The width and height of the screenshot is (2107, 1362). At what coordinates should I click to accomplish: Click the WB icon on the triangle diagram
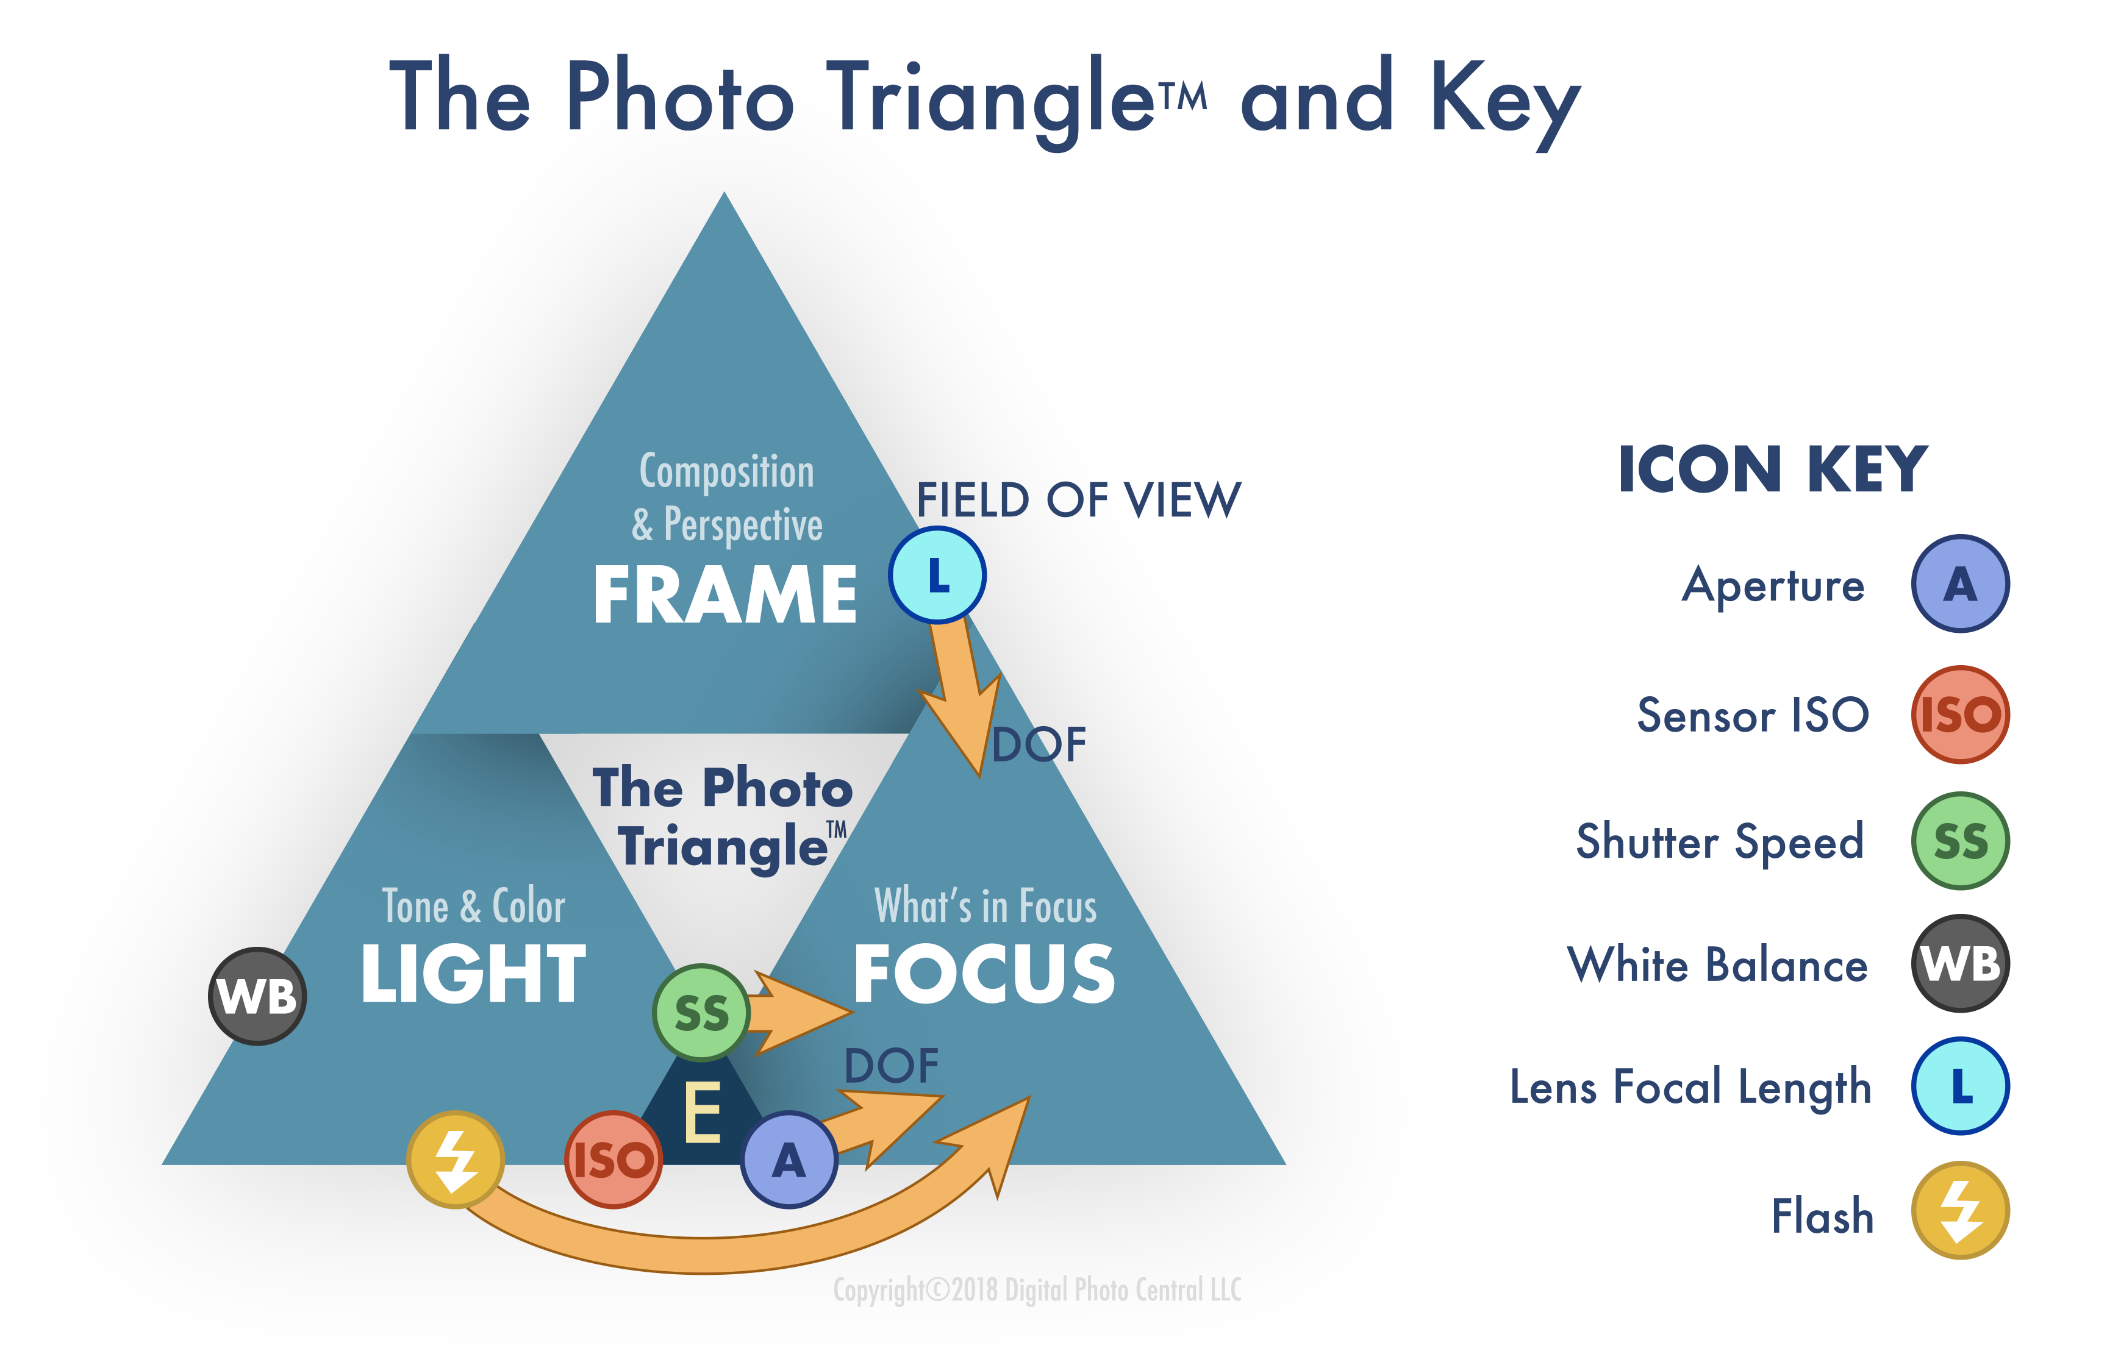click(x=257, y=997)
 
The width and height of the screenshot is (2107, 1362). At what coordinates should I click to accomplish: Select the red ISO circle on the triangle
click(x=613, y=1160)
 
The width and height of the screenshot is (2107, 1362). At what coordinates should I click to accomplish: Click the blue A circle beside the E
click(x=789, y=1160)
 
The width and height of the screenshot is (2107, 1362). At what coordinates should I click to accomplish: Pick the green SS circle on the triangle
click(x=701, y=1013)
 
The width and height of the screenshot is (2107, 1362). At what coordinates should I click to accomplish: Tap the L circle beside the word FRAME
click(x=937, y=576)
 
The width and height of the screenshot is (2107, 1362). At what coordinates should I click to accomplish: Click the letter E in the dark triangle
click(x=703, y=1113)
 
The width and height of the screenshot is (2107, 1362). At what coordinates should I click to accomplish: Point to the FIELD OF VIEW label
click(x=1078, y=501)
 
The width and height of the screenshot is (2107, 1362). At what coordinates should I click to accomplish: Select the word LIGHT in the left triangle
click(x=473, y=973)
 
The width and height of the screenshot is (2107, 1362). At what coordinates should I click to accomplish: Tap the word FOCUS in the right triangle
click(x=984, y=973)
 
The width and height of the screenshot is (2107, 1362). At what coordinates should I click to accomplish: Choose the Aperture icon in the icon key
click(x=1960, y=583)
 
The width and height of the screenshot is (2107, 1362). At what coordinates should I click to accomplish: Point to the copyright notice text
click(x=1037, y=1290)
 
